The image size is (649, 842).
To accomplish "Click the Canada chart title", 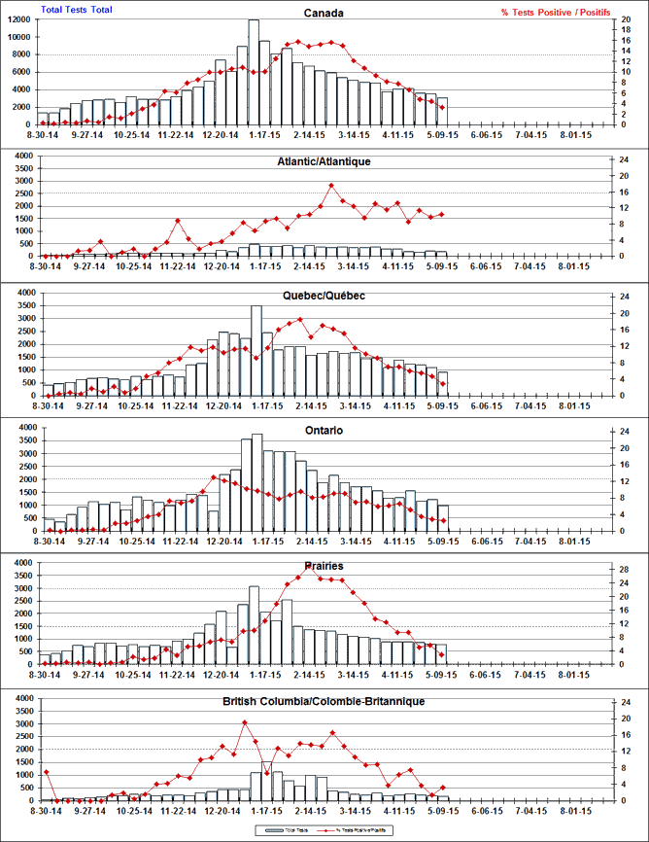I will click(324, 13).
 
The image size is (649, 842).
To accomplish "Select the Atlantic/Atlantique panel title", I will click(324, 161).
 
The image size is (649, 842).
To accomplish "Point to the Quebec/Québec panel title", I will click(324, 296).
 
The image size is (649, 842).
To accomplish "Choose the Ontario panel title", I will click(324, 430).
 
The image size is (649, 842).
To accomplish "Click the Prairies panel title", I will click(324, 565).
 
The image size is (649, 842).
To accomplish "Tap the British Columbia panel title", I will click(324, 700).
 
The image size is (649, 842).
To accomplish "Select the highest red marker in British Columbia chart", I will click(244, 722).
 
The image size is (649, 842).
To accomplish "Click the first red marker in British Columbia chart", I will click(46, 772).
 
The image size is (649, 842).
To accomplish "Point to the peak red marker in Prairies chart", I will click(309, 569).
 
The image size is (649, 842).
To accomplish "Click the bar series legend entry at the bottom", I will click(288, 830).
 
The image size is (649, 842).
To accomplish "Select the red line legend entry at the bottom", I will click(361, 830).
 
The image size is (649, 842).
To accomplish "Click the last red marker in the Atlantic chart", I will click(442, 214).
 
